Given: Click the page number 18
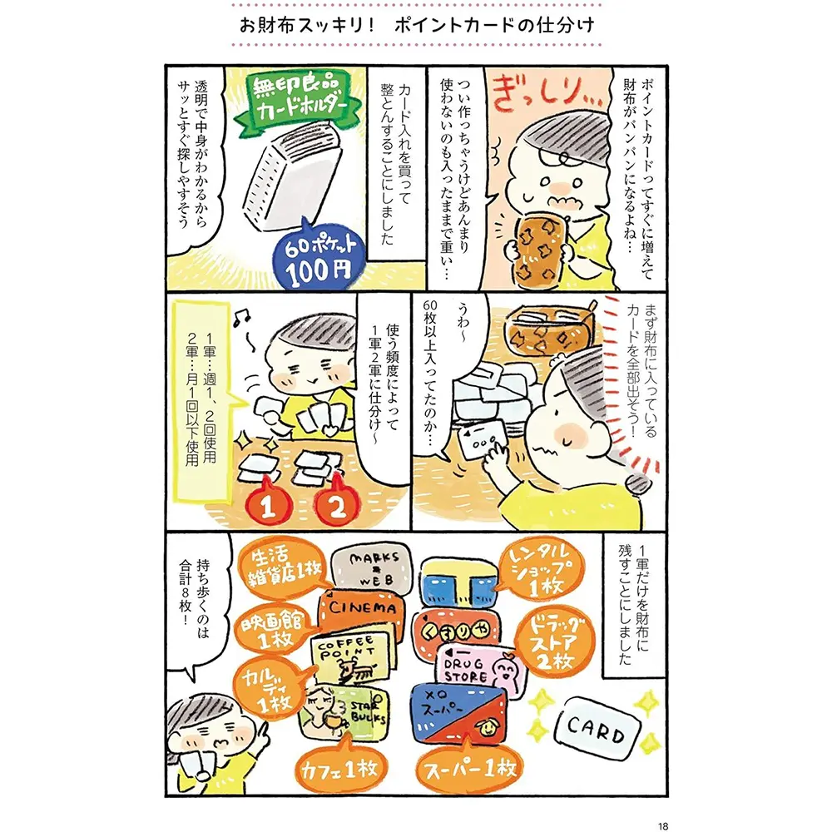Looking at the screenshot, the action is click(663, 825).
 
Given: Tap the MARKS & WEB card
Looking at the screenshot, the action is click(371, 569).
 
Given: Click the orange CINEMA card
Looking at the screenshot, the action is click(361, 610).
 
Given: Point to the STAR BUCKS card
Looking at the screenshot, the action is click(345, 714).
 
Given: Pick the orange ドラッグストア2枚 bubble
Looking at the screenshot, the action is click(554, 641).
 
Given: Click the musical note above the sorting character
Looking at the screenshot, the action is click(241, 318).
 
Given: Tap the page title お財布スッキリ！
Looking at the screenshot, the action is click(308, 25).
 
